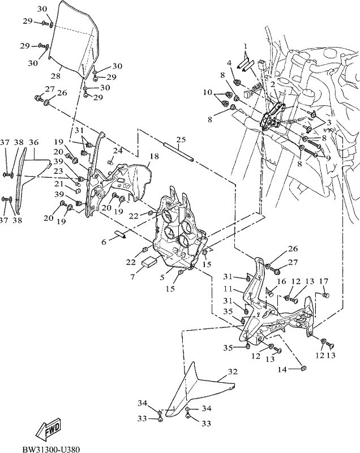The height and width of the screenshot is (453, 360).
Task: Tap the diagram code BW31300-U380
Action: tap(51, 449)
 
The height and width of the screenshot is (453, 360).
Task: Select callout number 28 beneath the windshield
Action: tap(55, 76)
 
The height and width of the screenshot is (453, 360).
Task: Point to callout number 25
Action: tap(181, 140)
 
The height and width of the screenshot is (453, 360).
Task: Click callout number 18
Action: tap(155, 156)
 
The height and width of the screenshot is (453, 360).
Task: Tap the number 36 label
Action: tap(34, 143)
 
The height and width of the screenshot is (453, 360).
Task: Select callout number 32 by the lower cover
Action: tap(233, 371)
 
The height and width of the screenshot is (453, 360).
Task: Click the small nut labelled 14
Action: tap(303, 368)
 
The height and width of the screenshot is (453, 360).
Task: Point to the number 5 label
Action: tap(162, 277)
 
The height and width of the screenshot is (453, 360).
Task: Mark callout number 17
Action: tap(324, 281)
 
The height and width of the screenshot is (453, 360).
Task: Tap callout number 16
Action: tap(281, 281)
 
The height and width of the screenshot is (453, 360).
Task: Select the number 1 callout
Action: tap(245, 46)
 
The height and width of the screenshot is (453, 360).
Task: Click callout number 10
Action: tap(208, 92)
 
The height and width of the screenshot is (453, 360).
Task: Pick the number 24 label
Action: tap(117, 151)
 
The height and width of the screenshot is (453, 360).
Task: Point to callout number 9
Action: tap(328, 158)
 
